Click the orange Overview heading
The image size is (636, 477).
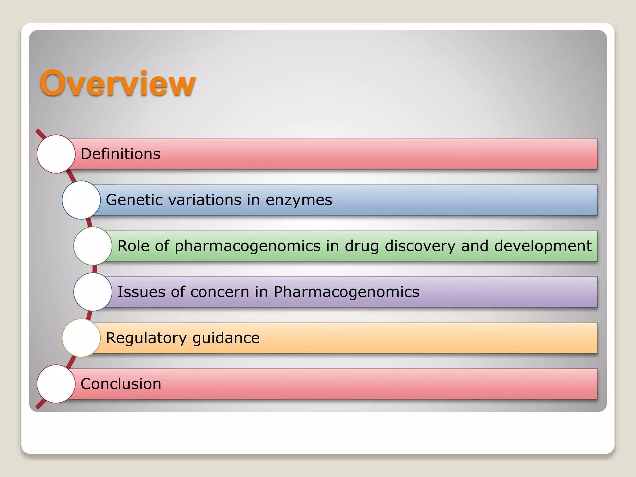[x=117, y=83]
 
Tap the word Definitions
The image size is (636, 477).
[x=120, y=154]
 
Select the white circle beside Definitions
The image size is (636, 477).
[x=56, y=154]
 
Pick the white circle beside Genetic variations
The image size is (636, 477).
[x=81, y=200]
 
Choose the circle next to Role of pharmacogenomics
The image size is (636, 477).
[x=93, y=246]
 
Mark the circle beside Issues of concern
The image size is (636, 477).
[x=93, y=292]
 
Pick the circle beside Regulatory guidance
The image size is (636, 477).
[x=81, y=338]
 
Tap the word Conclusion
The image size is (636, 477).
[x=121, y=384]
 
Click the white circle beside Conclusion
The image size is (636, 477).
[x=56, y=384]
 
